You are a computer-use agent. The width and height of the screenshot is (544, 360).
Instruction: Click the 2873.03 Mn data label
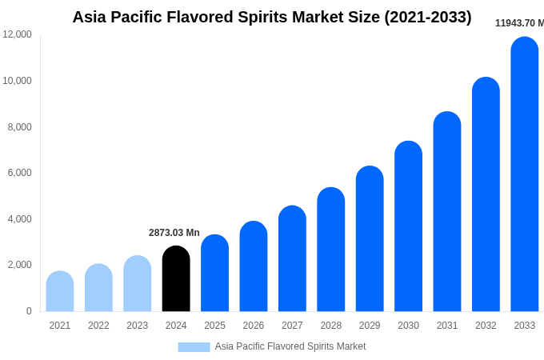click(174, 233)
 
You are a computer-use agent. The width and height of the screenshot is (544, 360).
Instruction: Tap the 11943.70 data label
click(518, 23)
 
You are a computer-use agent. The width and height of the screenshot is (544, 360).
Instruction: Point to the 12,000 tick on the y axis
click(18, 34)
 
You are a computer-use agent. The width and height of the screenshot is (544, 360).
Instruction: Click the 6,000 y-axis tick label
click(20, 173)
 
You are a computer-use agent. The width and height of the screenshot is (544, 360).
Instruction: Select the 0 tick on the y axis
click(29, 311)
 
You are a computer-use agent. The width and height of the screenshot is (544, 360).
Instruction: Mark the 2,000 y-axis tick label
click(20, 265)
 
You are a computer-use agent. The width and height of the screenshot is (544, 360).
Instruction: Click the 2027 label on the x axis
click(292, 326)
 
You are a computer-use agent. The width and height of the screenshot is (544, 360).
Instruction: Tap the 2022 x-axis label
click(98, 326)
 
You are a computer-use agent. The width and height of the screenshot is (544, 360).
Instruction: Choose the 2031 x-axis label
click(447, 326)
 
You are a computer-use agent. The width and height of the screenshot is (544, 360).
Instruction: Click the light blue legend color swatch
click(194, 347)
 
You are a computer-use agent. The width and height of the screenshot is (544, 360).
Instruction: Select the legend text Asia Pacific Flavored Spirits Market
click(290, 346)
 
